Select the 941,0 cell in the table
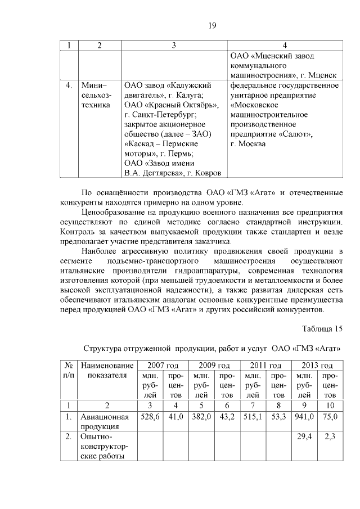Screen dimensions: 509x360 click(304, 417)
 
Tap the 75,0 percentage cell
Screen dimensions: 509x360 click(330, 417)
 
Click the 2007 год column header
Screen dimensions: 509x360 click(163, 366)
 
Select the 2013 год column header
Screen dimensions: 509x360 click(317, 366)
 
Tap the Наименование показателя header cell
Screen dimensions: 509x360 click(107, 371)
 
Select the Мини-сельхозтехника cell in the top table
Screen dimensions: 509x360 click(96, 95)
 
